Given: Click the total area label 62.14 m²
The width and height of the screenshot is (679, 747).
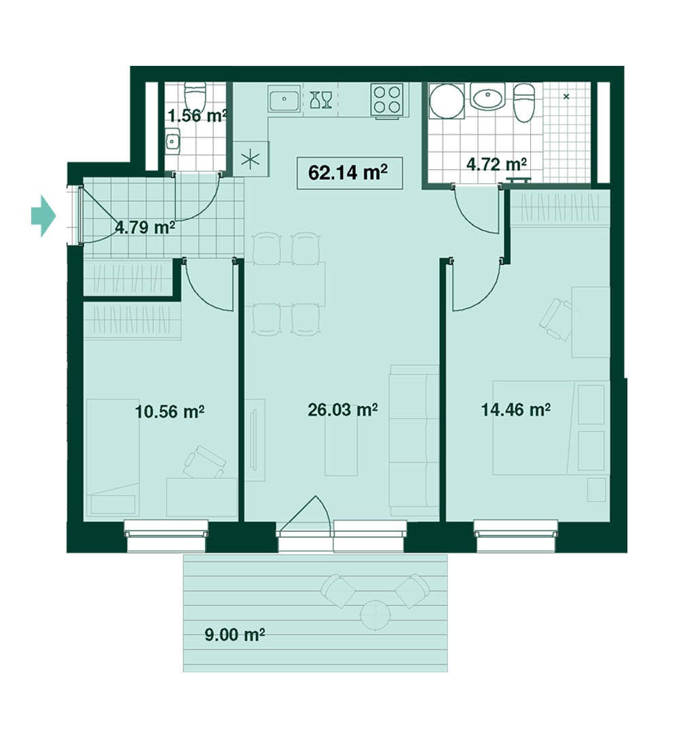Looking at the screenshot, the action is tap(348, 172).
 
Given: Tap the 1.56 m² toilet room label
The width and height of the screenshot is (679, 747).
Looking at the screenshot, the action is tap(198, 115).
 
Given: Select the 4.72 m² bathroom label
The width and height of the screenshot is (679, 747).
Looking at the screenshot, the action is tap(496, 164).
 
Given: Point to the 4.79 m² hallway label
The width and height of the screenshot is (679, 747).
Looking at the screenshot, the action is tap(145, 227).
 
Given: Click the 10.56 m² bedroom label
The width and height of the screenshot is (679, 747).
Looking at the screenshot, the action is tap(170, 411).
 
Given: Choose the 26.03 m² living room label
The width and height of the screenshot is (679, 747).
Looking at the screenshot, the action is tap(343, 409).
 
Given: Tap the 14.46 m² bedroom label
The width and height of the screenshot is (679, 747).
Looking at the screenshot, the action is tap(515, 409).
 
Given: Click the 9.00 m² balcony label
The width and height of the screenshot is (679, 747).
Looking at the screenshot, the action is tap(234, 635).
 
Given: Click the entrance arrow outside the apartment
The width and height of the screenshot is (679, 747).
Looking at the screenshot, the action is tap(43, 216).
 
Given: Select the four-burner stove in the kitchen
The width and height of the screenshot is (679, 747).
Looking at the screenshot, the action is tap(387, 100).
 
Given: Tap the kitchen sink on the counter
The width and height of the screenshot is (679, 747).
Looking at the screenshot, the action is tap(284, 100).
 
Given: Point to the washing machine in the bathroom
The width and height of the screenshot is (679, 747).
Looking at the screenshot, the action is tap(447, 101).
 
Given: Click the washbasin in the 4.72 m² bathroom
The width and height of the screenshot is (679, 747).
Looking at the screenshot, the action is tap(488, 96).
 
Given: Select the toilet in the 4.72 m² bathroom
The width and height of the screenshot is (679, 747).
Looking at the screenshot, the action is tap(525, 103).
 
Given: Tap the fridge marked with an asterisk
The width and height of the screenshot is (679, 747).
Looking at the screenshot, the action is tap(251, 159).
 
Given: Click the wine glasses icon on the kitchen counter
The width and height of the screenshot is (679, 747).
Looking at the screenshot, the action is tap(320, 100).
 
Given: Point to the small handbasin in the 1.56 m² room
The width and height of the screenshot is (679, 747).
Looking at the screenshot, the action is tap(172, 140).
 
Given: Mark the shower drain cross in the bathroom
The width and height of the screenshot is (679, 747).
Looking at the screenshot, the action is tap(566, 96).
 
